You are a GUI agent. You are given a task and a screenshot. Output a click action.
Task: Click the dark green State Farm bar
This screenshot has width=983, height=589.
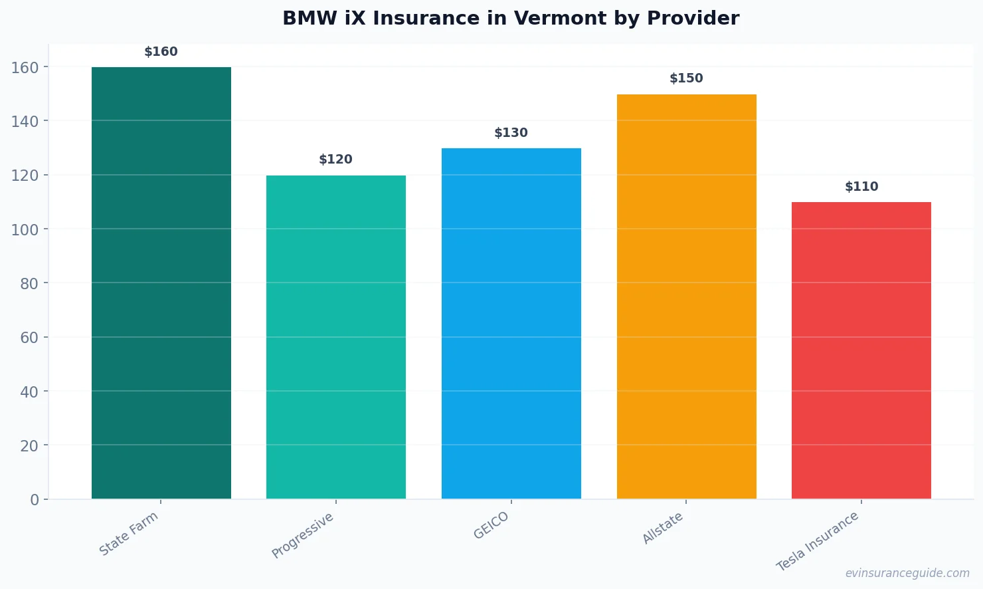[161, 283]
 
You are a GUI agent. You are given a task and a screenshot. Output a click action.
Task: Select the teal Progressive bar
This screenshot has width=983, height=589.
[336, 337]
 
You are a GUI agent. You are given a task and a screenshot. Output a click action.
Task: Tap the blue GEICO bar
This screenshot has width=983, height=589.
[511, 323]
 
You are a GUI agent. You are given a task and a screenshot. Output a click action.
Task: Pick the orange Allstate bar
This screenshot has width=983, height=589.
[686, 296]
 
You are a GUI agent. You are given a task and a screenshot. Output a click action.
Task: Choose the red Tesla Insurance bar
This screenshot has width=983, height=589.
[861, 350]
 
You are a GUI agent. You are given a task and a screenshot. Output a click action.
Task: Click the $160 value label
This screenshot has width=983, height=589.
[161, 52]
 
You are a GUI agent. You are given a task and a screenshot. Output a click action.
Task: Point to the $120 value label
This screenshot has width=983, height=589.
[336, 160]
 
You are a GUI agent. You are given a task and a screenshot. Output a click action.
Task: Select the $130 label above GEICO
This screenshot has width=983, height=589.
[511, 133]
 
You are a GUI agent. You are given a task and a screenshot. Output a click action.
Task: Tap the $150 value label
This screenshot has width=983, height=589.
[686, 78]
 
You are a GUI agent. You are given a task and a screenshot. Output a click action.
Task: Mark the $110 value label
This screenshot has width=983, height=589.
[861, 187]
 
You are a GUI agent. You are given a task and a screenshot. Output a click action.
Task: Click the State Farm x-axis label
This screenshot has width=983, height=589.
[129, 534]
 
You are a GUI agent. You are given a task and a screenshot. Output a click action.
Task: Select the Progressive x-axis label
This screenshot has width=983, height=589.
[303, 536]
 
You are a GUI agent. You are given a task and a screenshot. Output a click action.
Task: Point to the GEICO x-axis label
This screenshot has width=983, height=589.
[492, 526]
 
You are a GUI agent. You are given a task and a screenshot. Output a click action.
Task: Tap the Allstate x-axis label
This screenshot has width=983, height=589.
[663, 529]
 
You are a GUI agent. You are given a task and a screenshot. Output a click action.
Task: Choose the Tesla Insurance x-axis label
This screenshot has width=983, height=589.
[818, 541]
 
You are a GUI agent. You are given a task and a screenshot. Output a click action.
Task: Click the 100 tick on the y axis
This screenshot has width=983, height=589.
[25, 229]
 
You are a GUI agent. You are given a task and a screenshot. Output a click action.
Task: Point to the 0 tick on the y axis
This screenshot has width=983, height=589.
[35, 500]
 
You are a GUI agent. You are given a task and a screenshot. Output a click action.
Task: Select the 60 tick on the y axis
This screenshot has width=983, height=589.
[29, 338]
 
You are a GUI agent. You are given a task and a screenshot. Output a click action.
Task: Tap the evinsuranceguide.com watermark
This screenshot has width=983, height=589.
[907, 573]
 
